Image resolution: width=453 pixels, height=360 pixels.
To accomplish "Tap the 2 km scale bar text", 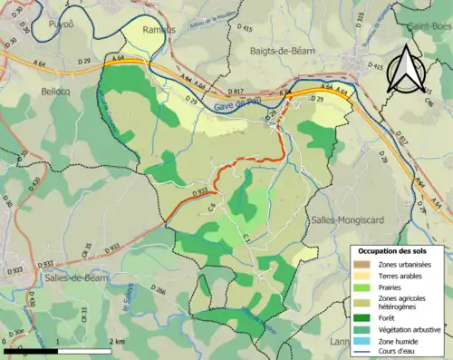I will [117, 341].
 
